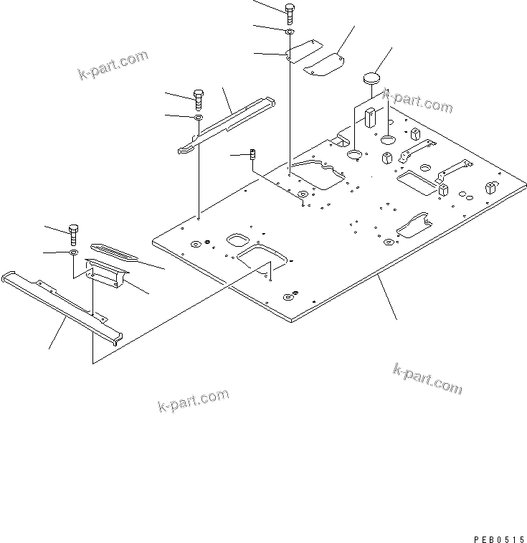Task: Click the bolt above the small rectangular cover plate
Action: coord(290,12)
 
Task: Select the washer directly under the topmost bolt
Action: coord(288,32)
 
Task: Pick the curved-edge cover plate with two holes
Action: coord(324,62)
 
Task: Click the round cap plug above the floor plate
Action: coord(371,77)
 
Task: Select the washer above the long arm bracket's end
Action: coord(198,116)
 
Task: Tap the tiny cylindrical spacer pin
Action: coord(252,154)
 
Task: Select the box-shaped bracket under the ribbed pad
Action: coord(105,274)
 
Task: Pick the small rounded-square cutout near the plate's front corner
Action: coord(237,239)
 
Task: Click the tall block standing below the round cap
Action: coord(371,116)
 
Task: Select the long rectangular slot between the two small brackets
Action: coord(417,181)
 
